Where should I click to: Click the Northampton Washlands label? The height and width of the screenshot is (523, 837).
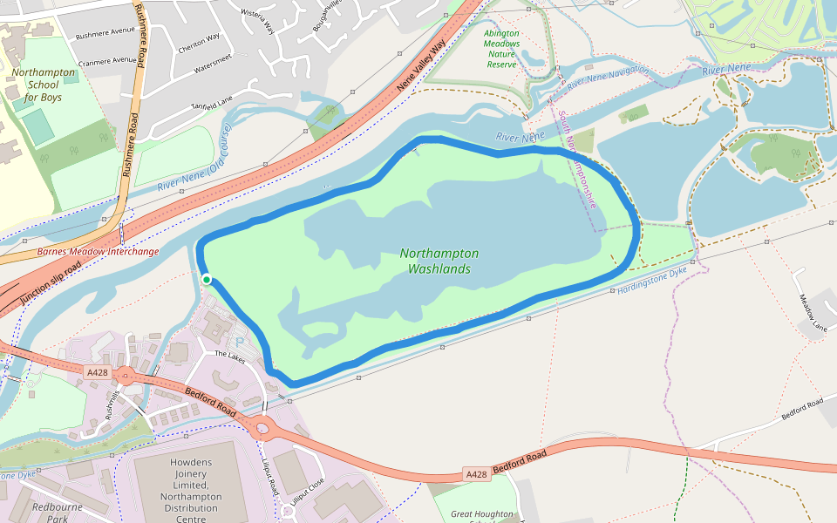pos(439,261)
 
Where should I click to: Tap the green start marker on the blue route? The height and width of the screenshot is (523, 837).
pos(207,279)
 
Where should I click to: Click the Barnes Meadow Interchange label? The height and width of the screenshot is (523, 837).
pos(98,252)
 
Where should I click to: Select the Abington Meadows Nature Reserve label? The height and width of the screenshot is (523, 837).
pos(501,49)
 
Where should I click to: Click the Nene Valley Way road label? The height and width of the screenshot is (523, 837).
pos(421,66)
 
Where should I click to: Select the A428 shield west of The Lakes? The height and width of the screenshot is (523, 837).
pos(98,372)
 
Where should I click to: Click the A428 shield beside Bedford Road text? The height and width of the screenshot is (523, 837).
pos(476,474)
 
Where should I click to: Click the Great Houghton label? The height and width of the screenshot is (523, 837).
pos(482,514)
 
